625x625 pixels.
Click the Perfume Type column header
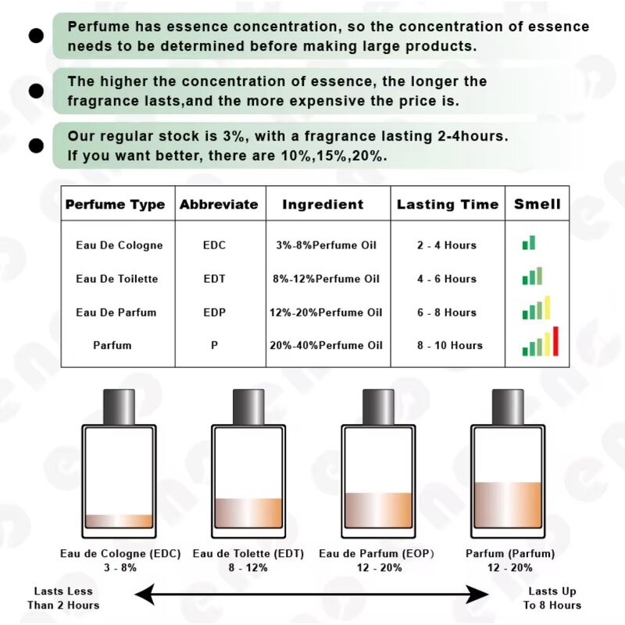pos(115,205)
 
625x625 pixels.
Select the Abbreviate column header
pos(219,205)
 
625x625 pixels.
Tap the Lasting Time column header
pos(447,205)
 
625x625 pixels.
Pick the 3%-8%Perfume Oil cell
pos(326,245)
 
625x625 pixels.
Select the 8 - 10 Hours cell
pos(449,345)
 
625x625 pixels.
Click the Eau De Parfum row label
pos(116,312)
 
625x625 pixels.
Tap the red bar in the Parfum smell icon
pos(555,341)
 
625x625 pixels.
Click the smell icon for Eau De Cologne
pos(529,244)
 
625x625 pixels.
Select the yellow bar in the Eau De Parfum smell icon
pos(548,308)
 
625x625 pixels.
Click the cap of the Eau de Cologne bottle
pos(119,407)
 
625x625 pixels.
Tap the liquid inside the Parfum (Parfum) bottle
pos(507,505)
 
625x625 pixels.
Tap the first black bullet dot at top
pos(36,35)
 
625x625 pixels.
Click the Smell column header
pos(537,205)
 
